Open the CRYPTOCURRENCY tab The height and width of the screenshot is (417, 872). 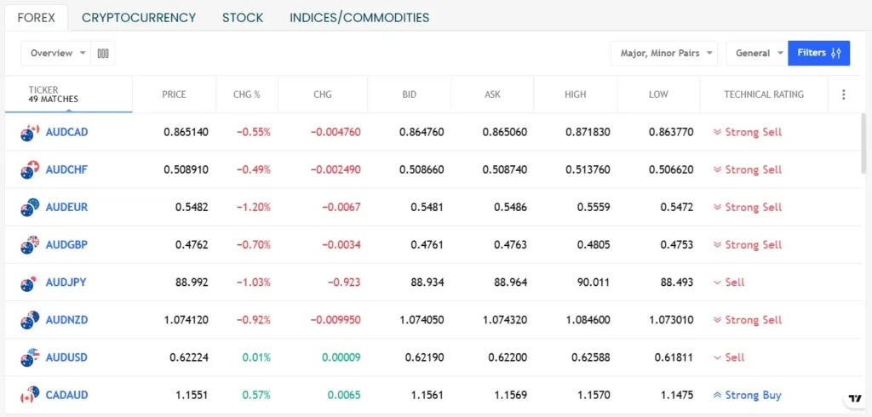[x=139, y=17]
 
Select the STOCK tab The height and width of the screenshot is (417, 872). [x=243, y=17]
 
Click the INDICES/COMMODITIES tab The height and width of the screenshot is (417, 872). [x=359, y=17]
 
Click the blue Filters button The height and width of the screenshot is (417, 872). [x=818, y=53]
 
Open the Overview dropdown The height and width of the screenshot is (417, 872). [x=59, y=53]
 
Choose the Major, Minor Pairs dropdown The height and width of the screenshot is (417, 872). [x=663, y=53]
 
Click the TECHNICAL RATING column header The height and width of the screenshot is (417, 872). [x=763, y=94]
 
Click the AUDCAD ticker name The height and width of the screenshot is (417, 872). [x=66, y=132]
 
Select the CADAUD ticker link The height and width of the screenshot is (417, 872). [x=66, y=395]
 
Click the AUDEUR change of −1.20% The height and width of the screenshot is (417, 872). [x=253, y=207]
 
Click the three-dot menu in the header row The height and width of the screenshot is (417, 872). [x=844, y=94]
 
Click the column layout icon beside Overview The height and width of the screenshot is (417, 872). [x=104, y=53]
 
